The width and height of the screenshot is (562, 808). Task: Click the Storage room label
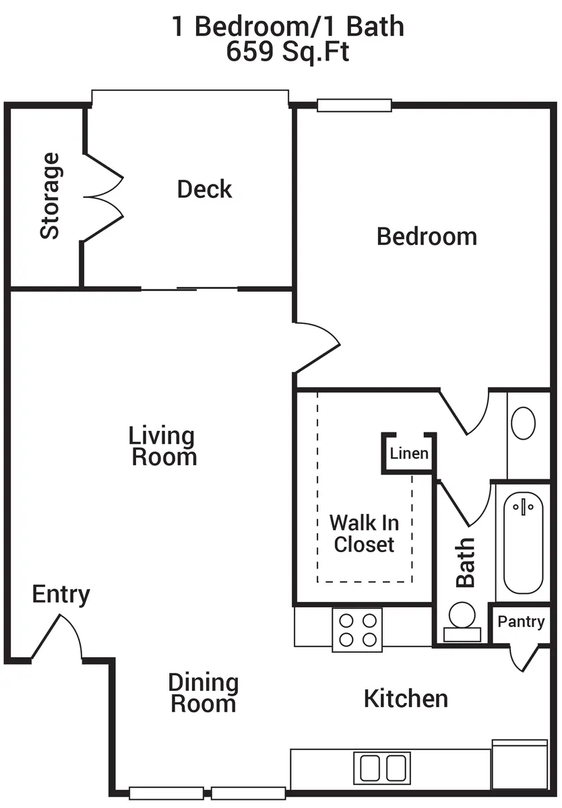pos(49,195)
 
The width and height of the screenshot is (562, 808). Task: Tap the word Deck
pos(204,189)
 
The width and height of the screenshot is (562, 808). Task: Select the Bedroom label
pos(427,236)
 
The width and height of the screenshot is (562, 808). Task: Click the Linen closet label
pos(409,453)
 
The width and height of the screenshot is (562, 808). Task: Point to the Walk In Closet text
pos(364,533)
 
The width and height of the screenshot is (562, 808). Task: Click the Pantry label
pos(521,621)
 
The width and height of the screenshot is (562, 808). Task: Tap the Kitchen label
pos(406,699)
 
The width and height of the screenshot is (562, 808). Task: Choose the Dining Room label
pos(204,693)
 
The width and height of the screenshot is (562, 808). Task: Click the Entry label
pos(61,595)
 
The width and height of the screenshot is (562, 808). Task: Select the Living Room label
pos(162,446)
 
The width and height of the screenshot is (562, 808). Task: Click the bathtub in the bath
pos(523,543)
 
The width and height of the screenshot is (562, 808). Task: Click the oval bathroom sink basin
pos(523,423)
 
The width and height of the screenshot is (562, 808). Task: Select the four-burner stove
pos(357,630)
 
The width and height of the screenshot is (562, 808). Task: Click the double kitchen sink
pos(382,768)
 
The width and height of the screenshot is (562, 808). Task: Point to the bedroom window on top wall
pos(354,105)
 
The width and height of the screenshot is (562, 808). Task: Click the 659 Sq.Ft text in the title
pos(288,51)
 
